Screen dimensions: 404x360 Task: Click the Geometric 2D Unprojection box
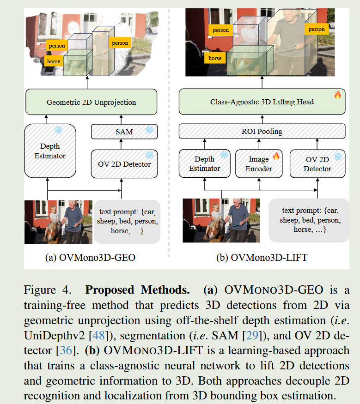[91, 102]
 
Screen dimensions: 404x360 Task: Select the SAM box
[124, 132]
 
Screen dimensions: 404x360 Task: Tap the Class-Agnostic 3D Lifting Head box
[262, 102]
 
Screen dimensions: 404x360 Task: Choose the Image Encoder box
[259, 163]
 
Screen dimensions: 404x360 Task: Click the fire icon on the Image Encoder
[276, 156]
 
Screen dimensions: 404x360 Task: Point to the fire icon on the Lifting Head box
[337, 95]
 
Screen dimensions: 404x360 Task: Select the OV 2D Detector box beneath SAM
[124, 163]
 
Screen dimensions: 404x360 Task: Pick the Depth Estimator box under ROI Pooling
[204, 163]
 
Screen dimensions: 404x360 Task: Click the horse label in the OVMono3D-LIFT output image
[215, 58]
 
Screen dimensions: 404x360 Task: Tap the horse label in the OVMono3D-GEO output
[53, 61]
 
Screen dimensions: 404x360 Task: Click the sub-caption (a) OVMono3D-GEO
[90, 258]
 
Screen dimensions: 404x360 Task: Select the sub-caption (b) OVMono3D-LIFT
[262, 258]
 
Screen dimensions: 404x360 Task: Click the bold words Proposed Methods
[137, 291]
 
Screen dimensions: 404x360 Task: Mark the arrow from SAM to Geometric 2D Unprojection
[124, 119]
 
